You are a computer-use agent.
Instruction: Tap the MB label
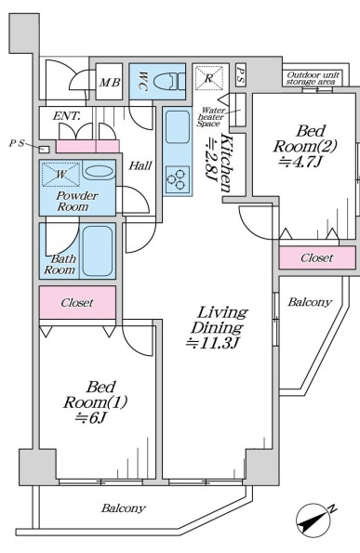109,82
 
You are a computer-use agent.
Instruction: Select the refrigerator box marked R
209,77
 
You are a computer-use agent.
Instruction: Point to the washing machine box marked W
60,174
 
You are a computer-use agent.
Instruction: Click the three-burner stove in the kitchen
177,178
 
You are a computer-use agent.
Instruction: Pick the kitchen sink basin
177,126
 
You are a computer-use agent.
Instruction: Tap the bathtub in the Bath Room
98,250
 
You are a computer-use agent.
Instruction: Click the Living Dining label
219,320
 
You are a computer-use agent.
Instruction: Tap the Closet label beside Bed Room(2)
316,257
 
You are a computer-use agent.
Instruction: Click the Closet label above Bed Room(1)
77,303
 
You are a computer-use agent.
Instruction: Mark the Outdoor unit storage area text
313,78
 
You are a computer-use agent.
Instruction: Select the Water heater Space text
211,117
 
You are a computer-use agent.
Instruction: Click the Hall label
140,165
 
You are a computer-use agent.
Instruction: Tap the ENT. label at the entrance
67,115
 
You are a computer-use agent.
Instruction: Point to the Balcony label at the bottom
123,508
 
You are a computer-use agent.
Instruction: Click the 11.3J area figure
213,342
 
